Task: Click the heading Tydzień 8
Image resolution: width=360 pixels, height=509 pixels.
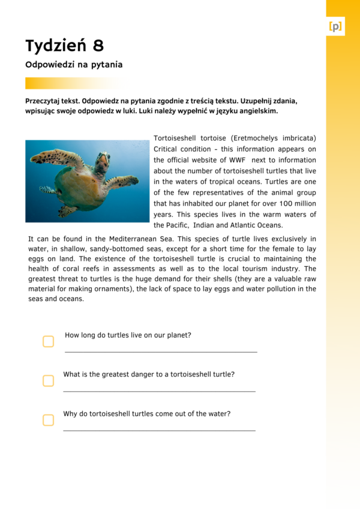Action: tap(64, 45)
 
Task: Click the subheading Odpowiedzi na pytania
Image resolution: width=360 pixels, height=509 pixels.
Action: tap(74, 64)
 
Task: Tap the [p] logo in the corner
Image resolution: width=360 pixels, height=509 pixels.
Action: tap(335, 26)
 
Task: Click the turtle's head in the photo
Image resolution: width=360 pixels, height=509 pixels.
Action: tap(103, 161)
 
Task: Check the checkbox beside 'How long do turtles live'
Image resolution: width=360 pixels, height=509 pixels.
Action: tap(48, 341)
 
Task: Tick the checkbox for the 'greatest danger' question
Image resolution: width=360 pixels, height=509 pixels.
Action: tap(48, 381)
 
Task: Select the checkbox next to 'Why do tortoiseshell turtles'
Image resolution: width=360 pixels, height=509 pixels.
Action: tap(48, 420)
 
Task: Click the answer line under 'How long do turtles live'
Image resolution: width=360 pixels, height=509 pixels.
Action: tap(160, 351)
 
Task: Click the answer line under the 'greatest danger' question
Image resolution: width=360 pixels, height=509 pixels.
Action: tap(159, 391)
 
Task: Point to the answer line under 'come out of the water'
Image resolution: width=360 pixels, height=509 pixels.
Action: tap(159, 430)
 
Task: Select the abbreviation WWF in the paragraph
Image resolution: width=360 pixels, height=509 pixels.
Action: tap(237, 160)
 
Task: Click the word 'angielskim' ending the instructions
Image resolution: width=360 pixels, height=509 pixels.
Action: tap(258, 111)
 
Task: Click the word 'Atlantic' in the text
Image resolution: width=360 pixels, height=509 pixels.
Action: tap(246, 225)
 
